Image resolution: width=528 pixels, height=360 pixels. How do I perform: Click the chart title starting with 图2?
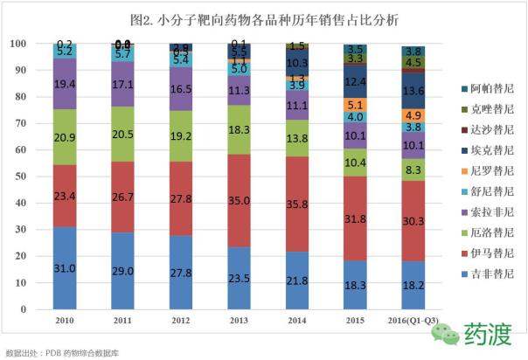[261, 18]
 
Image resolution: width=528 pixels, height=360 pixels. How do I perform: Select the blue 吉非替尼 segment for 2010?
[65, 267]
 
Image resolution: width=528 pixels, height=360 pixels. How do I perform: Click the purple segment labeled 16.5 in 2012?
[181, 89]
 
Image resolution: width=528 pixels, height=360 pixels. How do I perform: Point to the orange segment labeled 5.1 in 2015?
[355, 105]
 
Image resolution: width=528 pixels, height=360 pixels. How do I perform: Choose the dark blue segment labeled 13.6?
[413, 91]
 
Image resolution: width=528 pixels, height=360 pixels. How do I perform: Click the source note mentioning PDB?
[63, 352]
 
